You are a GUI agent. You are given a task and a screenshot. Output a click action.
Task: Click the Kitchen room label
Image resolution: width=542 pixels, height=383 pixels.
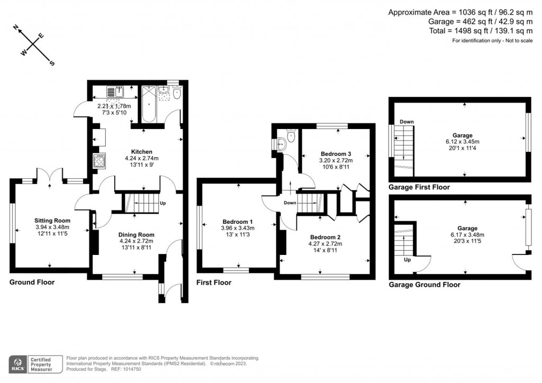point(142,152)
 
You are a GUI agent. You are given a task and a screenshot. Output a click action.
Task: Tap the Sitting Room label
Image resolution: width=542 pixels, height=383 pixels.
point(52,221)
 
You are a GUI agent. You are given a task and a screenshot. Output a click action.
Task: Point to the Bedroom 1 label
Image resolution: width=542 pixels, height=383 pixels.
point(237,222)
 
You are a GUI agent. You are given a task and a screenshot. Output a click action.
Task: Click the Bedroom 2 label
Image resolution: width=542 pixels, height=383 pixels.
point(326,237)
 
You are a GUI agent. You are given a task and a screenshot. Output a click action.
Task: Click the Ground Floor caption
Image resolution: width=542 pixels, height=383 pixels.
point(32,282)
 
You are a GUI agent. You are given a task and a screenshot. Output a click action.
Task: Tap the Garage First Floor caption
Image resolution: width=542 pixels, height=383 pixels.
point(419,187)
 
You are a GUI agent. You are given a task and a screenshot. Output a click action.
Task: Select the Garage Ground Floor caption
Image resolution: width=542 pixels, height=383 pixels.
point(424,285)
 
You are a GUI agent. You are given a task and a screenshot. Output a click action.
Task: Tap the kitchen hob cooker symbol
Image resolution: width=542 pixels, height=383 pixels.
point(100,160)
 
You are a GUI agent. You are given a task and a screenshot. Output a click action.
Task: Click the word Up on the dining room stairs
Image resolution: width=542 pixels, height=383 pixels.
point(162,203)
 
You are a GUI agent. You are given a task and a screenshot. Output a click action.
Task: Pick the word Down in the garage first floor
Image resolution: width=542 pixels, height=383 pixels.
point(406,122)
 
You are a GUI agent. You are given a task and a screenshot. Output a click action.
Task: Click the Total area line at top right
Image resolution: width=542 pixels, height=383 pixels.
point(480,31)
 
